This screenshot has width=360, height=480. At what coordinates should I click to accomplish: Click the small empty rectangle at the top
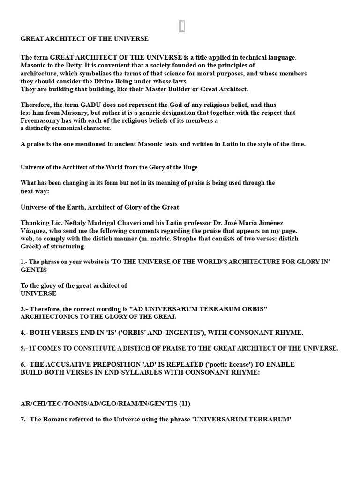(x=182, y=27)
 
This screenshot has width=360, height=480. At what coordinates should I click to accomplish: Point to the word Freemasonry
(x=39, y=120)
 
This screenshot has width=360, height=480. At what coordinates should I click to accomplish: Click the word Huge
(x=190, y=167)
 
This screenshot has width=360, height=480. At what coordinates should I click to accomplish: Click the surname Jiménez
(x=270, y=223)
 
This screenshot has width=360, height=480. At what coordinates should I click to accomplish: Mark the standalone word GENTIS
(x=34, y=270)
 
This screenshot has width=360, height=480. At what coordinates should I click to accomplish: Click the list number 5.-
(x=25, y=348)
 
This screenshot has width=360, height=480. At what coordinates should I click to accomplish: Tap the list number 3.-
(x=25, y=309)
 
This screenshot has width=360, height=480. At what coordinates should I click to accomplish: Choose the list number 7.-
(x=25, y=419)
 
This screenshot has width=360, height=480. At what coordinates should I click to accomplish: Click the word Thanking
(x=35, y=223)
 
